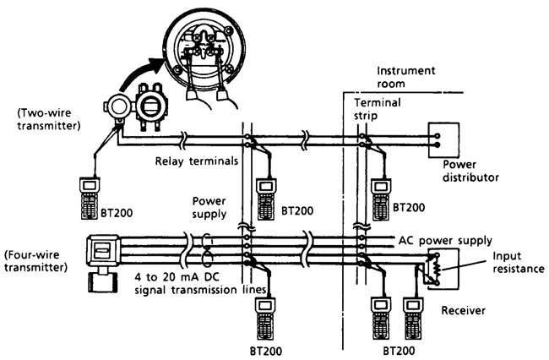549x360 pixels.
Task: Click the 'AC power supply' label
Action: pos(445,239)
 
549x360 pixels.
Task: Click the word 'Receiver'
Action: pos(464,311)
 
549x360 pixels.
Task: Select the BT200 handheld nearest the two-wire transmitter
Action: pos(89,194)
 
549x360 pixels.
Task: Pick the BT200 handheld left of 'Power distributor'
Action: pos(381,194)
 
